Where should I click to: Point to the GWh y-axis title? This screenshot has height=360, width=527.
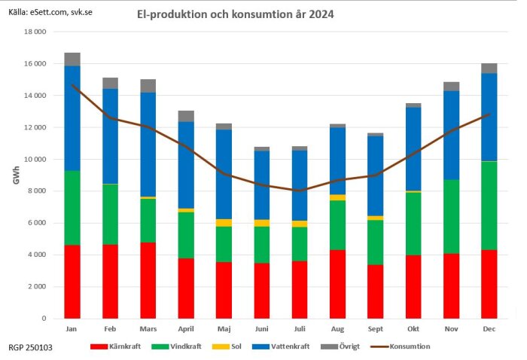[16, 176]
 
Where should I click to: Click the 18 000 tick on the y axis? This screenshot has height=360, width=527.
[36, 32]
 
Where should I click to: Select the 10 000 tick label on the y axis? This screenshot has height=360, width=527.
[36, 160]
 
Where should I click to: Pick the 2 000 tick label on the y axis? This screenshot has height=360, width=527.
[38, 287]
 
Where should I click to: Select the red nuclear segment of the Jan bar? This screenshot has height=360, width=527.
[72, 282]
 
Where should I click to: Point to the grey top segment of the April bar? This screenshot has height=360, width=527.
[185, 116]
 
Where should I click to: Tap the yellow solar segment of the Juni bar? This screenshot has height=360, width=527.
[263, 223]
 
